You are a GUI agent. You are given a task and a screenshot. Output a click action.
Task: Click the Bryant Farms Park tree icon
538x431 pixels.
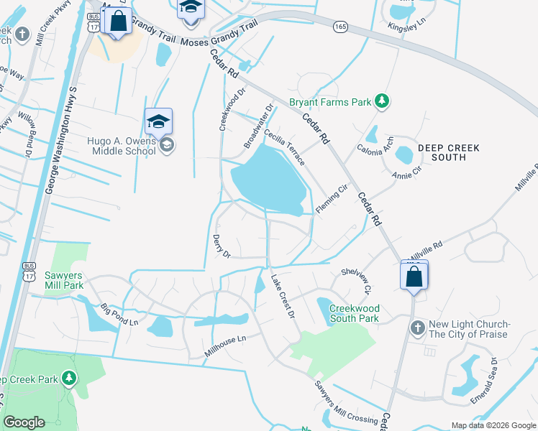point(384,102)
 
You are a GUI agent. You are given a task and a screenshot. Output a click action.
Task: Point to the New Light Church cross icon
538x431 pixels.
point(417,328)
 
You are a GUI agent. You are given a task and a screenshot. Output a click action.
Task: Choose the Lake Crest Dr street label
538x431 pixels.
point(283,295)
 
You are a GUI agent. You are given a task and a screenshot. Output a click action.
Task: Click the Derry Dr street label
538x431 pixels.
point(222,246)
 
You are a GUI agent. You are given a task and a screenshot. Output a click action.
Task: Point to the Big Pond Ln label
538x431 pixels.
point(119,313)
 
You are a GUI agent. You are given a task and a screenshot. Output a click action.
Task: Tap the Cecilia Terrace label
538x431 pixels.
point(284,147)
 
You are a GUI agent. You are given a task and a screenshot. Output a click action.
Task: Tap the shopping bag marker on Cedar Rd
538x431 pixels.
point(414,277)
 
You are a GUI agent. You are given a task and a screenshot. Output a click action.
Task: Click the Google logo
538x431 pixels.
point(24,422)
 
